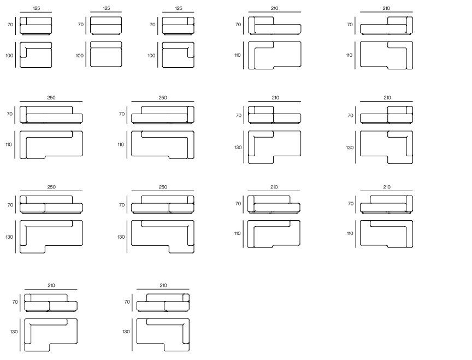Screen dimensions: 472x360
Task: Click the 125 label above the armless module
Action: (x=107, y=8)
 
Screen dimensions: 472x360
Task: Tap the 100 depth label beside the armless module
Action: (x=79, y=56)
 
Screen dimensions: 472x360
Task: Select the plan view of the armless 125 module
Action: (x=106, y=55)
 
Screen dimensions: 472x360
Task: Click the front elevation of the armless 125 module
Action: (x=106, y=26)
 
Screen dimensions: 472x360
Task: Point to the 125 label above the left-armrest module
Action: (x=36, y=8)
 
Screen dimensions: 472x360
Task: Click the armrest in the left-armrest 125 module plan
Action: (x=23, y=50)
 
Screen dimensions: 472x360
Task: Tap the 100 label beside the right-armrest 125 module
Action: (x=151, y=56)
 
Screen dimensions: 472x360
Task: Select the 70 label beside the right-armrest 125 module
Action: (x=152, y=25)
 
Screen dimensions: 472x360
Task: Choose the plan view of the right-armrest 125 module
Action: (x=178, y=55)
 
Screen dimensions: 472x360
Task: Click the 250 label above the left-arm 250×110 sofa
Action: (x=51, y=98)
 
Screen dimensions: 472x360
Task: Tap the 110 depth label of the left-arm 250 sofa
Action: (x=8, y=145)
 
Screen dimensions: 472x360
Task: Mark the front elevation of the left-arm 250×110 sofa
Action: (x=51, y=115)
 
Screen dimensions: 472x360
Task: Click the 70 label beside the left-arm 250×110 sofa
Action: (x=10, y=114)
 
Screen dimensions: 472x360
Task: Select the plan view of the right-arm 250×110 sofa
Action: (x=163, y=145)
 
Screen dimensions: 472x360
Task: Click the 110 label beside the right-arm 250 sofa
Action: (x=121, y=145)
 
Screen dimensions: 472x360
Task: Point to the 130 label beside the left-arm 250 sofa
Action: (x=9, y=237)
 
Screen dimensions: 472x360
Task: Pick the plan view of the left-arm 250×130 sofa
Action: (x=51, y=237)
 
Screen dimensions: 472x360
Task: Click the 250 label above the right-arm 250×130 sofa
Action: (x=163, y=187)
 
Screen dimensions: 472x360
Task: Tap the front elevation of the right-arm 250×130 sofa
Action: (x=163, y=204)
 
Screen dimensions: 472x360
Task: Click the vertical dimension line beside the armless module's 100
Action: (x=86, y=55)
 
